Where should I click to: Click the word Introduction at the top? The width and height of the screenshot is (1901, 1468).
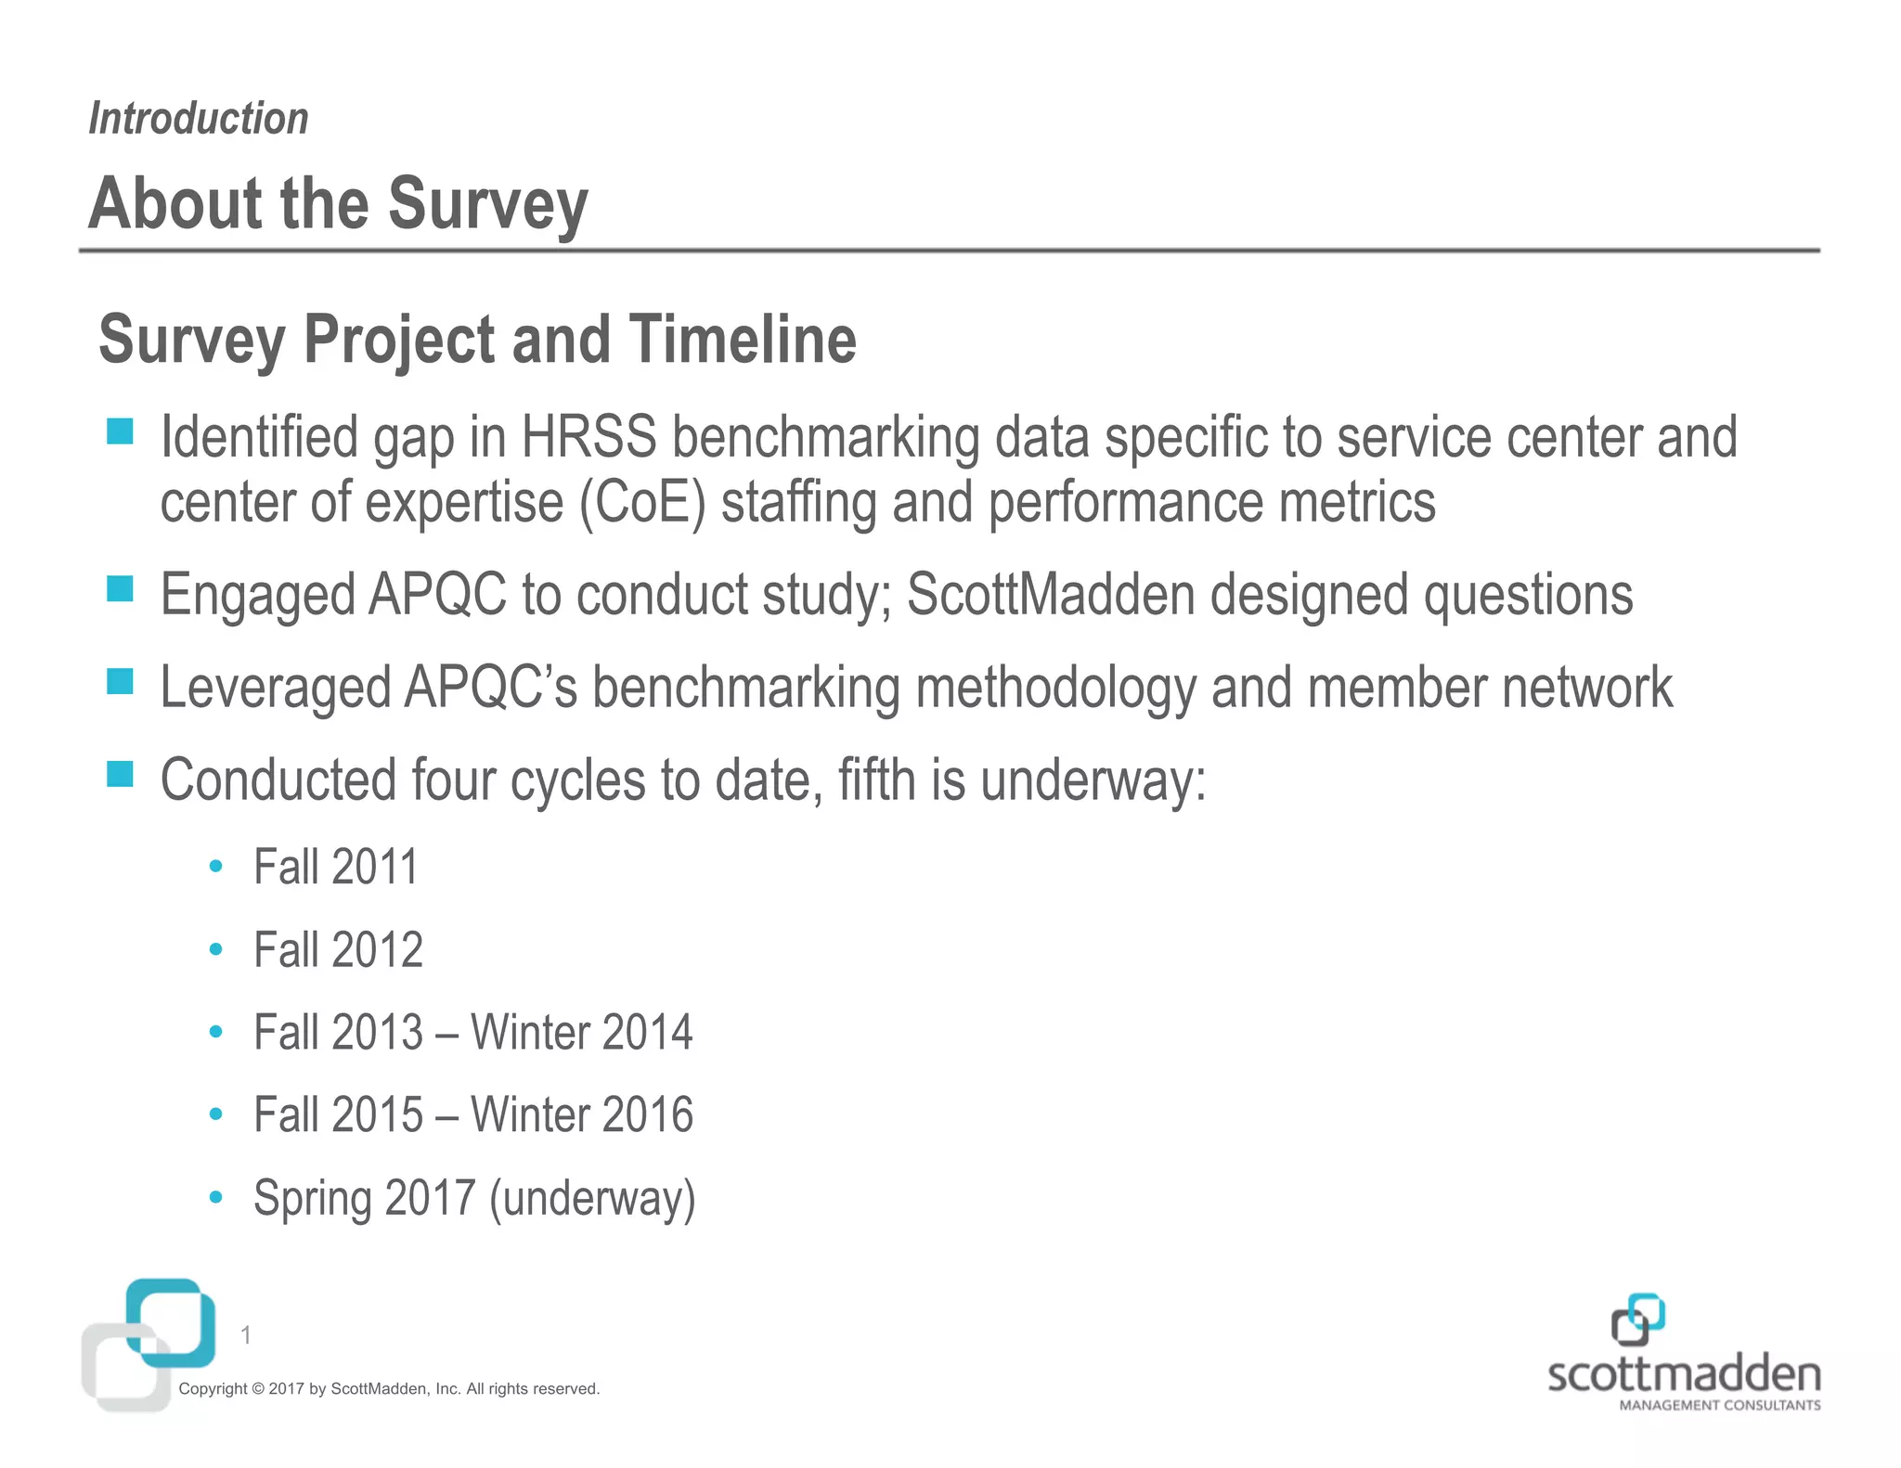[x=198, y=119]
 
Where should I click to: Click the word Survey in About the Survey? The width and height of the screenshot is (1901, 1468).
[x=487, y=204]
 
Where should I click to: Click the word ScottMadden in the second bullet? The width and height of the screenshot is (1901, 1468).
[x=1050, y=594]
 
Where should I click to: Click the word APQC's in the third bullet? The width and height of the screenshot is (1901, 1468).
[x=490, y=687]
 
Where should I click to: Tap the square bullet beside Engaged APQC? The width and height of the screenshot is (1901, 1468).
[x=120, y=588]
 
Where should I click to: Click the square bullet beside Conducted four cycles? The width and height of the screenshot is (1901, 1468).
[x=120, y=774]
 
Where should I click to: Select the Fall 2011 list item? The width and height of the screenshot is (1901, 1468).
[x=336, y=867]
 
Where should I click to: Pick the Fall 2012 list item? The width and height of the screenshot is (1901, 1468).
[x=338, y=949]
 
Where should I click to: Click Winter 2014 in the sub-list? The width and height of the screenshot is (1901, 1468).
[x=581, y=1032]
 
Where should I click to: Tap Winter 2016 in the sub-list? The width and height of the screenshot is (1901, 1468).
[x=581, y=1114]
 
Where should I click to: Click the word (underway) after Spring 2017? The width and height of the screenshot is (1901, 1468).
[x=592, y=1198]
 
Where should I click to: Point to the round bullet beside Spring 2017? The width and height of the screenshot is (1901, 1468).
[x=216, y=1197]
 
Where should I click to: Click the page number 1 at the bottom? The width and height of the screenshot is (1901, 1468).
[x=245, y=1335]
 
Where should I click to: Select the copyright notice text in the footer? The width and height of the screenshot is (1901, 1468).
[x=389, y=1388]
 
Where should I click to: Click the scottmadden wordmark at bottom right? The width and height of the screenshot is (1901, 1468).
[x=1684, y=1374]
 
